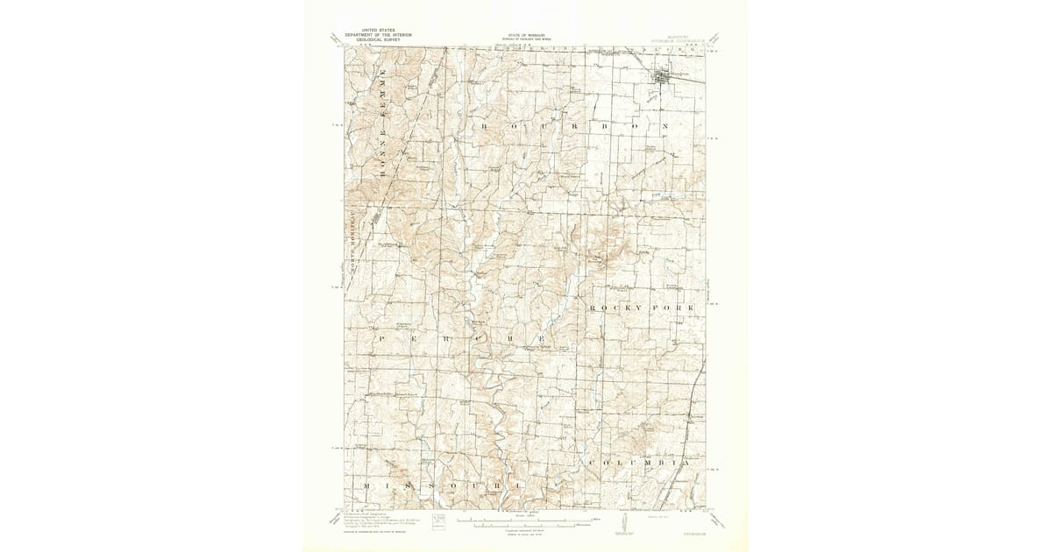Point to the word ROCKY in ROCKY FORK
click(x=617, y=308)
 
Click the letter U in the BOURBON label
click(x=545, y=126)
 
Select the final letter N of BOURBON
click(x=666, y=126)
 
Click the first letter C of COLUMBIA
click(x=593, y=461)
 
